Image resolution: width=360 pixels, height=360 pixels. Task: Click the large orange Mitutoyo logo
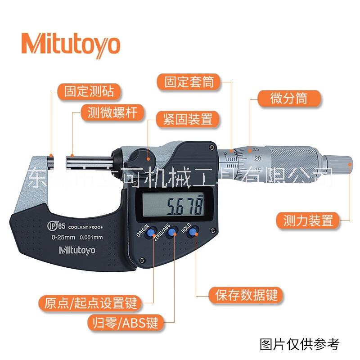[x=71, y=45]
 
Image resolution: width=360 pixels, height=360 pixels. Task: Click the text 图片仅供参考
[x=299, y=344]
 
